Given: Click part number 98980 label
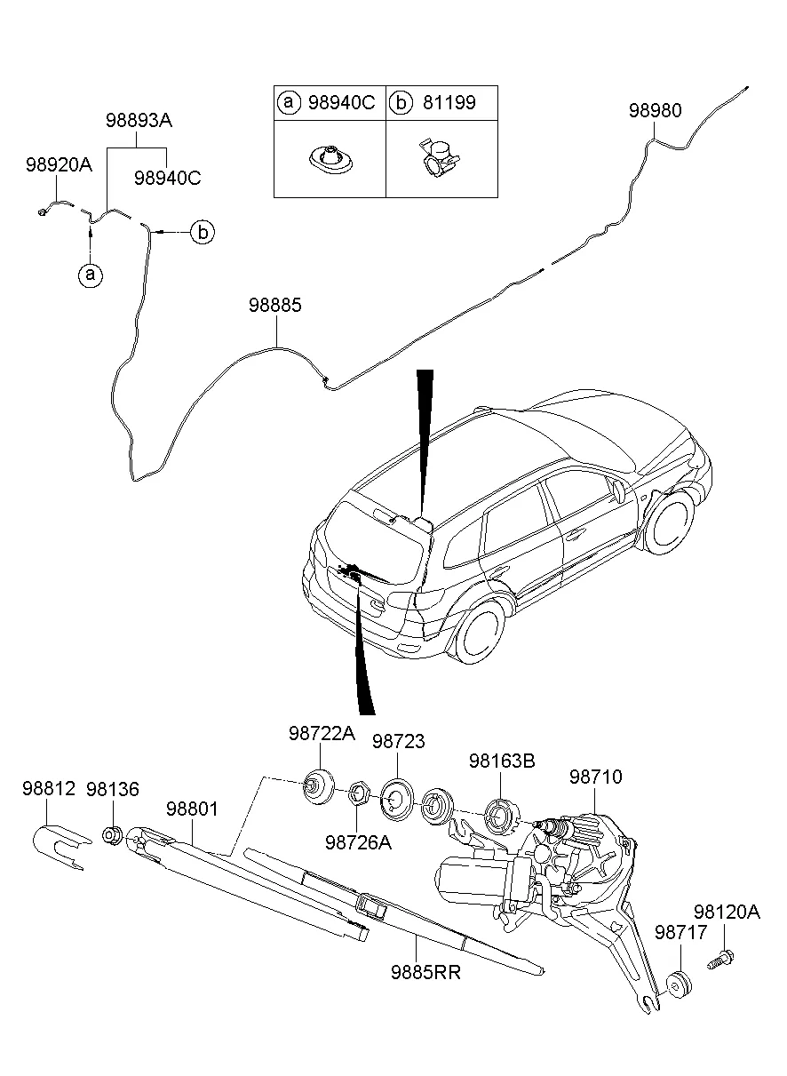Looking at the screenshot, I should pos(656,111).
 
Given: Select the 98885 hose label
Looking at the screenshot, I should pos(275,306).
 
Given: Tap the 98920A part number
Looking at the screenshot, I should pos(59,164).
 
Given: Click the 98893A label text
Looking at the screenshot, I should pos(138,121).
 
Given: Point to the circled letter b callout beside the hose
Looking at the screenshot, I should pos(203,233).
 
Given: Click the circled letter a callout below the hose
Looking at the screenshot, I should pos(89,275).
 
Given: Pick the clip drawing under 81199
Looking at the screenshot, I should pos(434,158).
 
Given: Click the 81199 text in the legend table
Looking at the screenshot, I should pos(448,103).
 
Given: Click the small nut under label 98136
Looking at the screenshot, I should pos(113,836).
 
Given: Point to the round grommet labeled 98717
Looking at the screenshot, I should pos(680,985).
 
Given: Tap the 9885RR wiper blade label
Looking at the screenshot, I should pos(425,971).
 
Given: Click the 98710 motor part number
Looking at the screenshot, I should pos(595,777).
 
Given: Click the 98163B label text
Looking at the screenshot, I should pos(502,761).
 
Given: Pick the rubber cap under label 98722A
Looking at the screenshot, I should pos(315,784).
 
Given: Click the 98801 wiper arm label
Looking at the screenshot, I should pos(192,809).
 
